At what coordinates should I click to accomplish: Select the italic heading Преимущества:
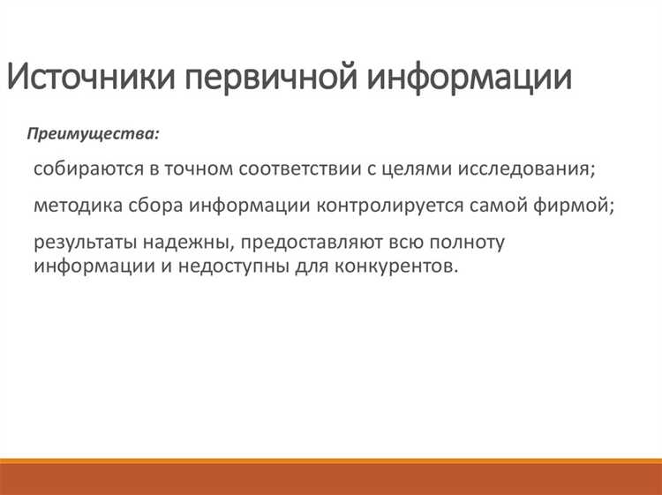[x=94, y=134]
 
